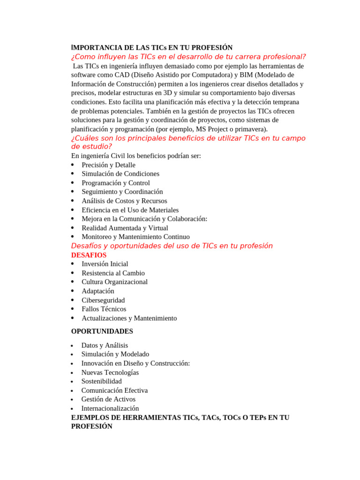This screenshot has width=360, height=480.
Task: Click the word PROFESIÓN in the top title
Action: (211, 48)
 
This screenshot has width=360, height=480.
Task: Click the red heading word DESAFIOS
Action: (89, 255)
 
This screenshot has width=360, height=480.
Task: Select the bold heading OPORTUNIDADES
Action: (102, 331)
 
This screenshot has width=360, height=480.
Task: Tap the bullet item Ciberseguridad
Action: (103, 300)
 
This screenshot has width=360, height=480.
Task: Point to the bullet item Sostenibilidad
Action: (101, 382)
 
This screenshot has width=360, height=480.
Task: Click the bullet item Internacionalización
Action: (110, 408)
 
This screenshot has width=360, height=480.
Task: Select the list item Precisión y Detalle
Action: (108, 165)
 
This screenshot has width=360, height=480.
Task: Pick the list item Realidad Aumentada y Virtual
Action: (125, 228)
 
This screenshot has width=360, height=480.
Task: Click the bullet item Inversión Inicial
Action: (105, 264)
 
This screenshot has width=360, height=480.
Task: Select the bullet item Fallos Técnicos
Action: (104, 309)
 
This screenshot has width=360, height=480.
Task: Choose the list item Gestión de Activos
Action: (108, 399)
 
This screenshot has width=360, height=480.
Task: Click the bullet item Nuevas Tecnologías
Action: (110, 373)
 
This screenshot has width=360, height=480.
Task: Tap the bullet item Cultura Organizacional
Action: (114, 282)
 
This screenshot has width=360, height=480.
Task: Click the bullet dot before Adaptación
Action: (73, 291)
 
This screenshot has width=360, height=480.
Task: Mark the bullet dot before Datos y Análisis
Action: (72, 346)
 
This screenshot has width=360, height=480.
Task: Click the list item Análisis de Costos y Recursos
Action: (124, 201)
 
